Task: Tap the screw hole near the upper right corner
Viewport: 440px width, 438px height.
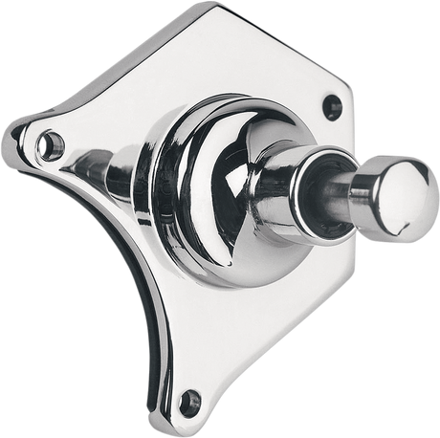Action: click(331, 100)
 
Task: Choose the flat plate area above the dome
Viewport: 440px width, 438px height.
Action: click(239, 57)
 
